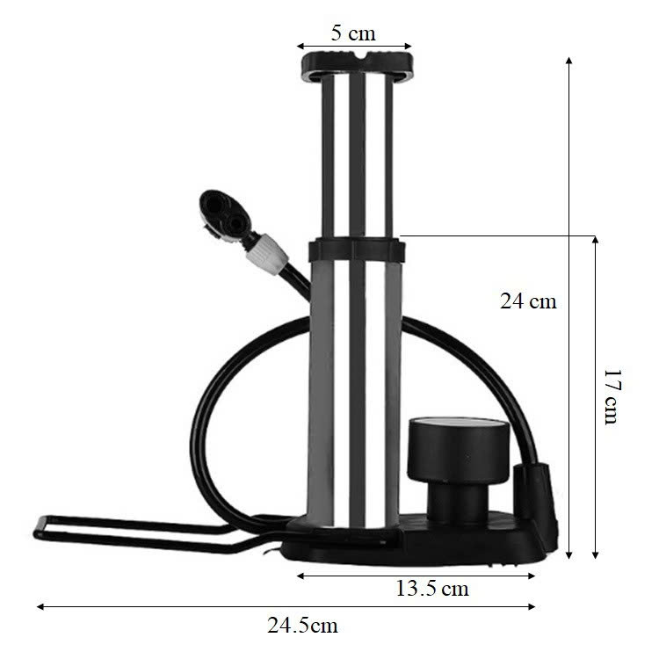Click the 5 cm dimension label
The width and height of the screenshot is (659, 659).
(353, 33)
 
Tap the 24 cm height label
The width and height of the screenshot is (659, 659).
(528, 301)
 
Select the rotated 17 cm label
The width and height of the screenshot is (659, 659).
(612, 397)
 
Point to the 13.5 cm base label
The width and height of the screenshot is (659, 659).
(432, 589)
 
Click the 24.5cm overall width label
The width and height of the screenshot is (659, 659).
(302, 626)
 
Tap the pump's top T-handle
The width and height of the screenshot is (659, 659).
(358, 67)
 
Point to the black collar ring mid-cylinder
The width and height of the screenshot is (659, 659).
(358, 250)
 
